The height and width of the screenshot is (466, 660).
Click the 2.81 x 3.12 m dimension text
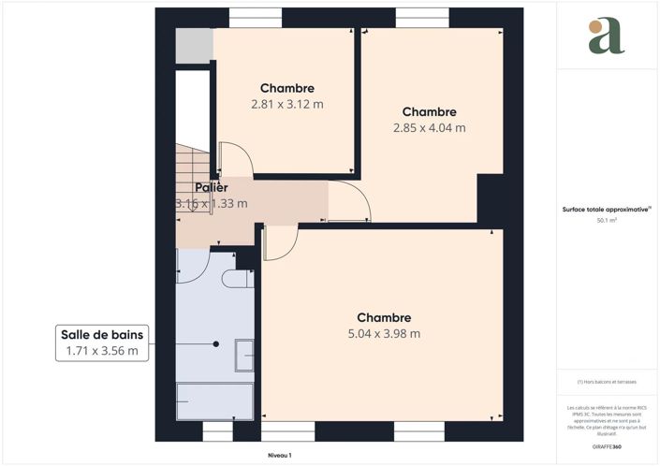(x=287, y=105)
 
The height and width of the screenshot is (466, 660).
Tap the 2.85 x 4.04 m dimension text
(x=430, y=128)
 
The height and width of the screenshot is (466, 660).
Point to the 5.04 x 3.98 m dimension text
(x=383, y=333)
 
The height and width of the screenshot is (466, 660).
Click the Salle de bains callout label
(x=102, y=335)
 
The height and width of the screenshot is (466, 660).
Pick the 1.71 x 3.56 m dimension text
(x=102, y=352)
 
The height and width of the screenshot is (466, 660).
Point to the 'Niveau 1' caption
(x=279, y=455)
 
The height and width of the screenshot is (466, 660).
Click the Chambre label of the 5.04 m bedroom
(x=383, y=317)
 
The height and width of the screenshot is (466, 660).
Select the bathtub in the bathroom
(x=215, y=401)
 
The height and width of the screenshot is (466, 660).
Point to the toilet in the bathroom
(x=238, y=279)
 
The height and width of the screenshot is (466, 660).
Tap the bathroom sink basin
(x=244, y=353)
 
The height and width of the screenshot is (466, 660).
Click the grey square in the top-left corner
(x=194, y=46)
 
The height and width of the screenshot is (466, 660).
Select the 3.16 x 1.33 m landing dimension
(x=212, y=203)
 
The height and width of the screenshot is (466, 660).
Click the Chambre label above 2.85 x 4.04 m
(x=430, y=111)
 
